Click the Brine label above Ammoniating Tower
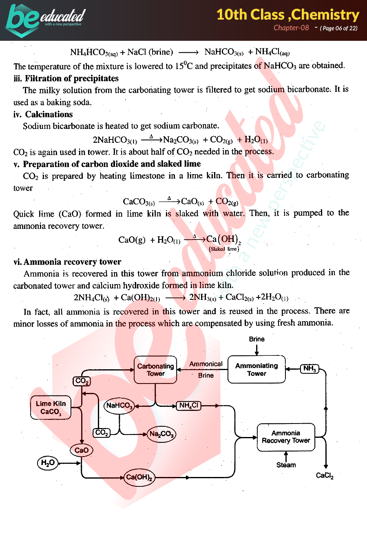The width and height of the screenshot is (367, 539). (256, 339)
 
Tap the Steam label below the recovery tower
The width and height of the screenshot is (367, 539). (286, 465)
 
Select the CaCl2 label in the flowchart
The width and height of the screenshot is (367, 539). (325, 475)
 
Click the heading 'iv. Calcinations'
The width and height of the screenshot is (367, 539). (43, 114)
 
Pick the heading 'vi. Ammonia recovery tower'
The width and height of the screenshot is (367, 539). (67, 262)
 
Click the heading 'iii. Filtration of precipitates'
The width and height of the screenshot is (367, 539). (66, 78)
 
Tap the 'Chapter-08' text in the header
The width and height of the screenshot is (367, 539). (291, 28)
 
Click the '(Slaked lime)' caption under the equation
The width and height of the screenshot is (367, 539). (224, 249)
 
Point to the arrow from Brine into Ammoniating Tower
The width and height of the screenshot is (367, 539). (256, 350)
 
